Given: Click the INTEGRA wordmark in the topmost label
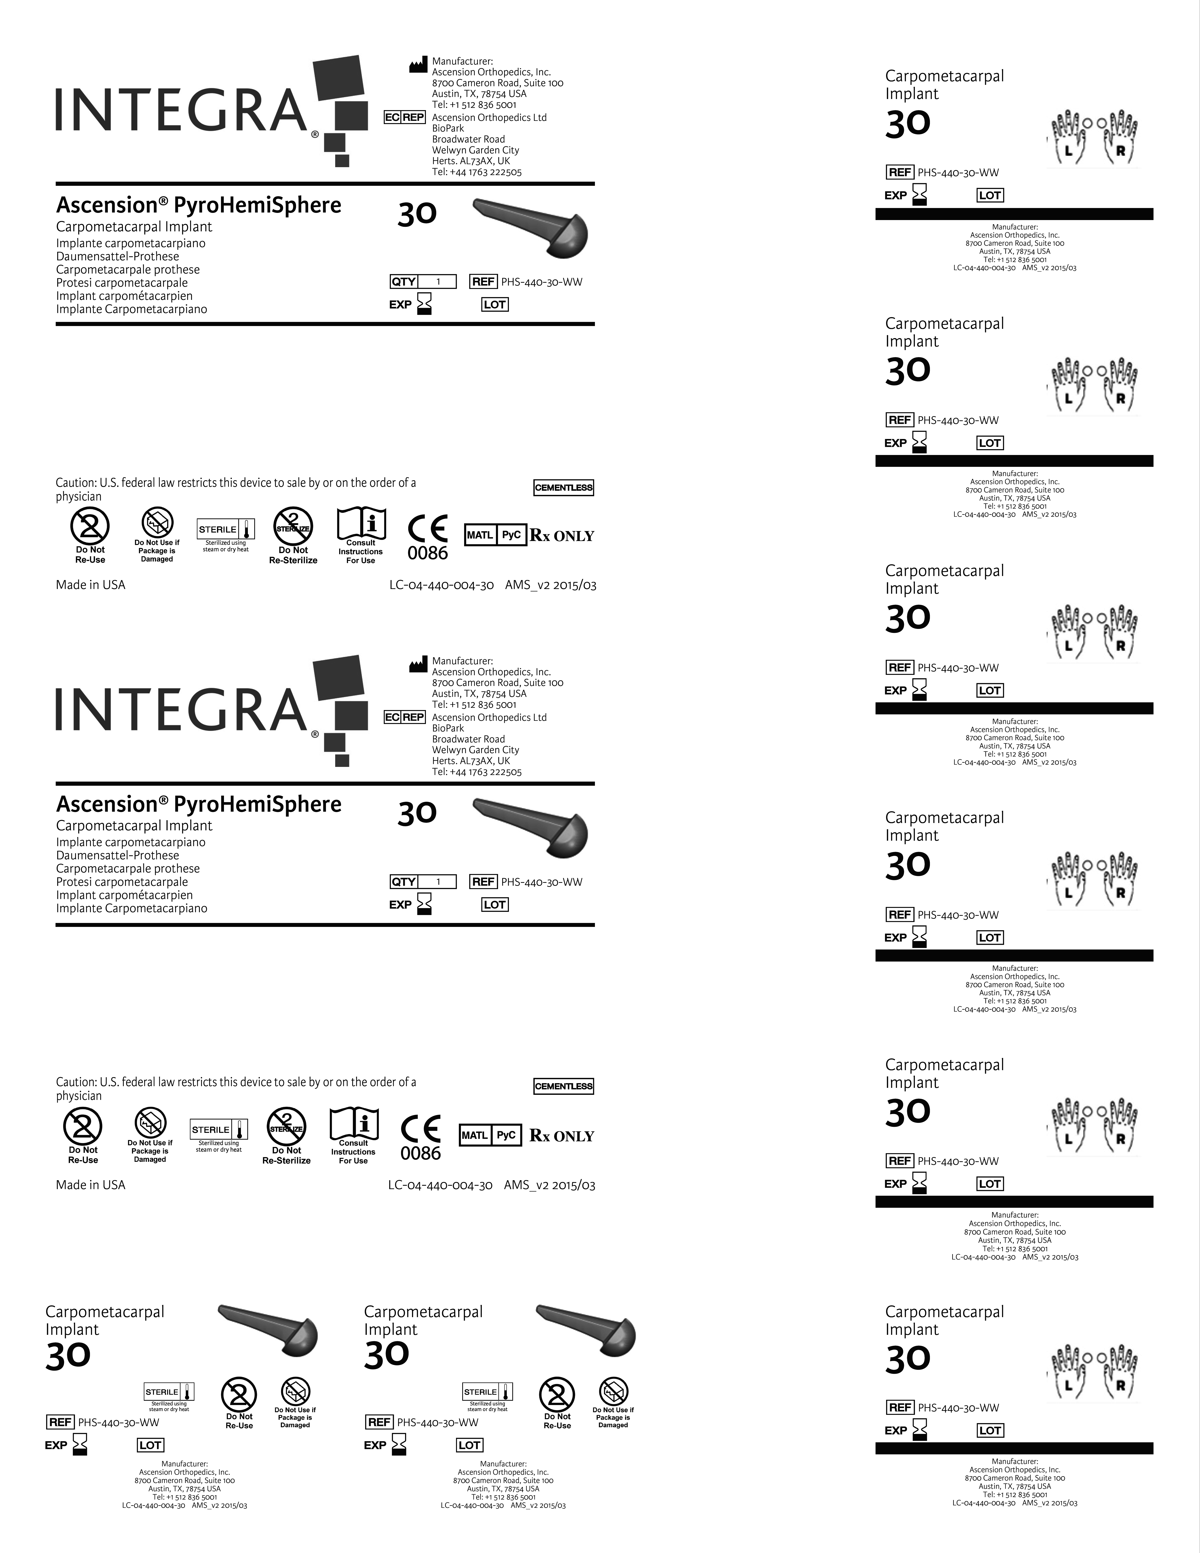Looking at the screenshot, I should click(x=181, y=110).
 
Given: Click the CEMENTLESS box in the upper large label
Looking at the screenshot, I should click(x=564, y=488).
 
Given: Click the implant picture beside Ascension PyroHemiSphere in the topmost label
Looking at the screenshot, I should click(x=532, y=226).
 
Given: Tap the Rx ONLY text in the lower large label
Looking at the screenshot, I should click(x=562, y=1136).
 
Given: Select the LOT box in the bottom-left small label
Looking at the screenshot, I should click(x=150, y=1445).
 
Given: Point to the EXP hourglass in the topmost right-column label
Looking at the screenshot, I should click(x=920, y=194).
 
